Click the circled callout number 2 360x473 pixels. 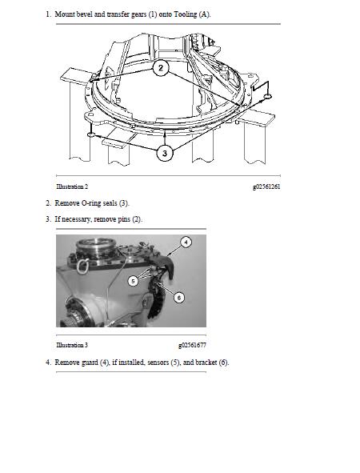161,68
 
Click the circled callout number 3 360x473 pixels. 165,153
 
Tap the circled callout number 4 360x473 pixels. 186,242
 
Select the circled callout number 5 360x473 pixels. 133,281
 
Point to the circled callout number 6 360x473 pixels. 179,298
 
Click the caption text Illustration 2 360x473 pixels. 72,186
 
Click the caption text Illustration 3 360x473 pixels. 72,345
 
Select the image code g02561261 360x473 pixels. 266,186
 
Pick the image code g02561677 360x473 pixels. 192,345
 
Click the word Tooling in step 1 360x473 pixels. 186,14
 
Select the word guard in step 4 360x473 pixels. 90,362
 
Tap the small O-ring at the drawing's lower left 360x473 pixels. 91,134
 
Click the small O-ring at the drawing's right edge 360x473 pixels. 268,96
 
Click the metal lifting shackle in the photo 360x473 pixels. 82,267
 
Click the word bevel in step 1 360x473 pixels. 85,14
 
